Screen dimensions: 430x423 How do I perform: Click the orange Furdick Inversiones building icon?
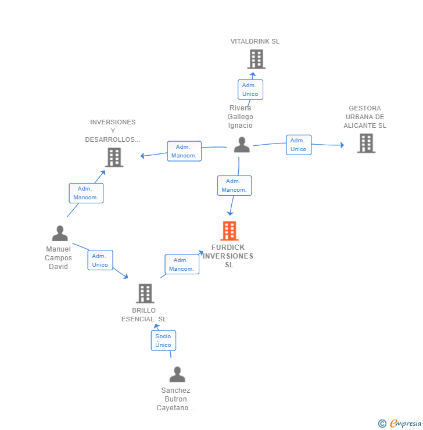pyautogui.click(x=230, y=231)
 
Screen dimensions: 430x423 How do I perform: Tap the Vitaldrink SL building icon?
pyautogui.click(x=256, y=59)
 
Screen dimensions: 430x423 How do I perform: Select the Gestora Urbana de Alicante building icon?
pyautogui.click(x=365, y=143)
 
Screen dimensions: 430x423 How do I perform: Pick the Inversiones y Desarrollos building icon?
pyautogui.click(x=114, y=157)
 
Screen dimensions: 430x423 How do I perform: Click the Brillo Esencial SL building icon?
pyautogui.click(x=145, y=293)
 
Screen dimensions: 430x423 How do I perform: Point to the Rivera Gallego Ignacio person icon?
pyautogui.click(x=242, y=145)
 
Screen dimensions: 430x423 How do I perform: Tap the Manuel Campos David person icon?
pyautogui.click(x=60, y=234)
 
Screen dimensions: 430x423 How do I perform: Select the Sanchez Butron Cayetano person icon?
pyautogui.click(x=177, y=374)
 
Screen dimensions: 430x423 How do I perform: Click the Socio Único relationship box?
pyautogui.click(x=163, y=341)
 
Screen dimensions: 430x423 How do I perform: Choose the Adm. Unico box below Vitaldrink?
pyautogui.click(x=250, y=89)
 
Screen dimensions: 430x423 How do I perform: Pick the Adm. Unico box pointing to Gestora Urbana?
pyautogui.click(x=299, y=145)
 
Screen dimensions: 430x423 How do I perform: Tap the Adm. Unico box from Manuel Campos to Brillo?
pyautogui.click(x=100, y=260)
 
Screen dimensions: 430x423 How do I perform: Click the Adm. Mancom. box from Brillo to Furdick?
pyautogui.click(x=182, y=264)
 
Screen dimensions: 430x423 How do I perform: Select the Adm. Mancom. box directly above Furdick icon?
pyautogui.click(x=235, y=185)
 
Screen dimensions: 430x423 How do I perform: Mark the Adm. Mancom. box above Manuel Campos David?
pyautogui.click(x=86, y=193)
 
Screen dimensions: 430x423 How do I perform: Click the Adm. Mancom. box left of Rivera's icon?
pyautogui.click(x=184, y=151)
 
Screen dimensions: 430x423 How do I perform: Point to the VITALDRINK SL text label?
pyautogui.click(x=255, y=42)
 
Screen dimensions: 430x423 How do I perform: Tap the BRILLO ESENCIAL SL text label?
pyautogui.click(x=144, y=315)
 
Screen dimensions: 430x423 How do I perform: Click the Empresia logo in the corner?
pyautogui.click(x=400, y=424)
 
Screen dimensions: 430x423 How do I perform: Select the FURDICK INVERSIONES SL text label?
pyautogui.click(x=228, y=256)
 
